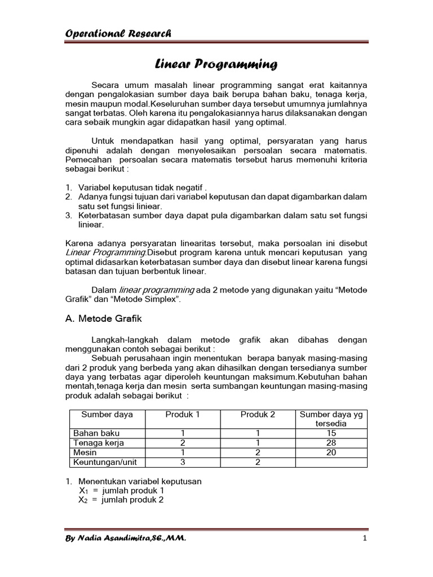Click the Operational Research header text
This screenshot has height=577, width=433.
pyautogui.click(x=118, y=33)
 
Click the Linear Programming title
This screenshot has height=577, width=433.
pyautogui.click(x=216, y=65)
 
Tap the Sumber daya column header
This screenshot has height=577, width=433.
pyautogui.click(x=107, y=414)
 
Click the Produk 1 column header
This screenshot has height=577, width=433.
pyautogui.click(x=183, y=414)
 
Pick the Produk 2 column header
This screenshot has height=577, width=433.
pyautogui.click(x=258, y=414)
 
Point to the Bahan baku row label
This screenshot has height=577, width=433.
pyautogui.click(x=96, y=433)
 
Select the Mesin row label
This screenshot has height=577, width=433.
pyautogui.click(x=85, y=452)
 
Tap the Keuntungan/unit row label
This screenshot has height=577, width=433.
pyautogui.click(x=105, y=462)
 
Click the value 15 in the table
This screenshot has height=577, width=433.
pyautogui.click(x=332, y=433)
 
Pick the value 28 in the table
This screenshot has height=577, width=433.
pyautogui.click(x=332, y=443)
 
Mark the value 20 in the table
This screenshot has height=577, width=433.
pyautogui.click(x=332, y=452)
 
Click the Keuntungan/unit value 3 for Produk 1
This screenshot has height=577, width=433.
pyautogui.click(x=183, y=462)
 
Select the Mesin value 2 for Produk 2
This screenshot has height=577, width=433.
pyautogui.click(x=258, y=452)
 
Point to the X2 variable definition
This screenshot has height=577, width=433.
pyautogui.click(x=121, y=499)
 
